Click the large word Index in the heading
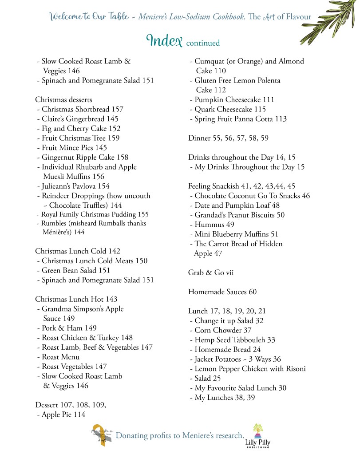point(165,41)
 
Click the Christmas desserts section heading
point(63,99)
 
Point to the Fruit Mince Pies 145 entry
point(72,148)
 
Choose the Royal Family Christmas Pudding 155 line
point(92,214)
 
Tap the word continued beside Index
point(203,43)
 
